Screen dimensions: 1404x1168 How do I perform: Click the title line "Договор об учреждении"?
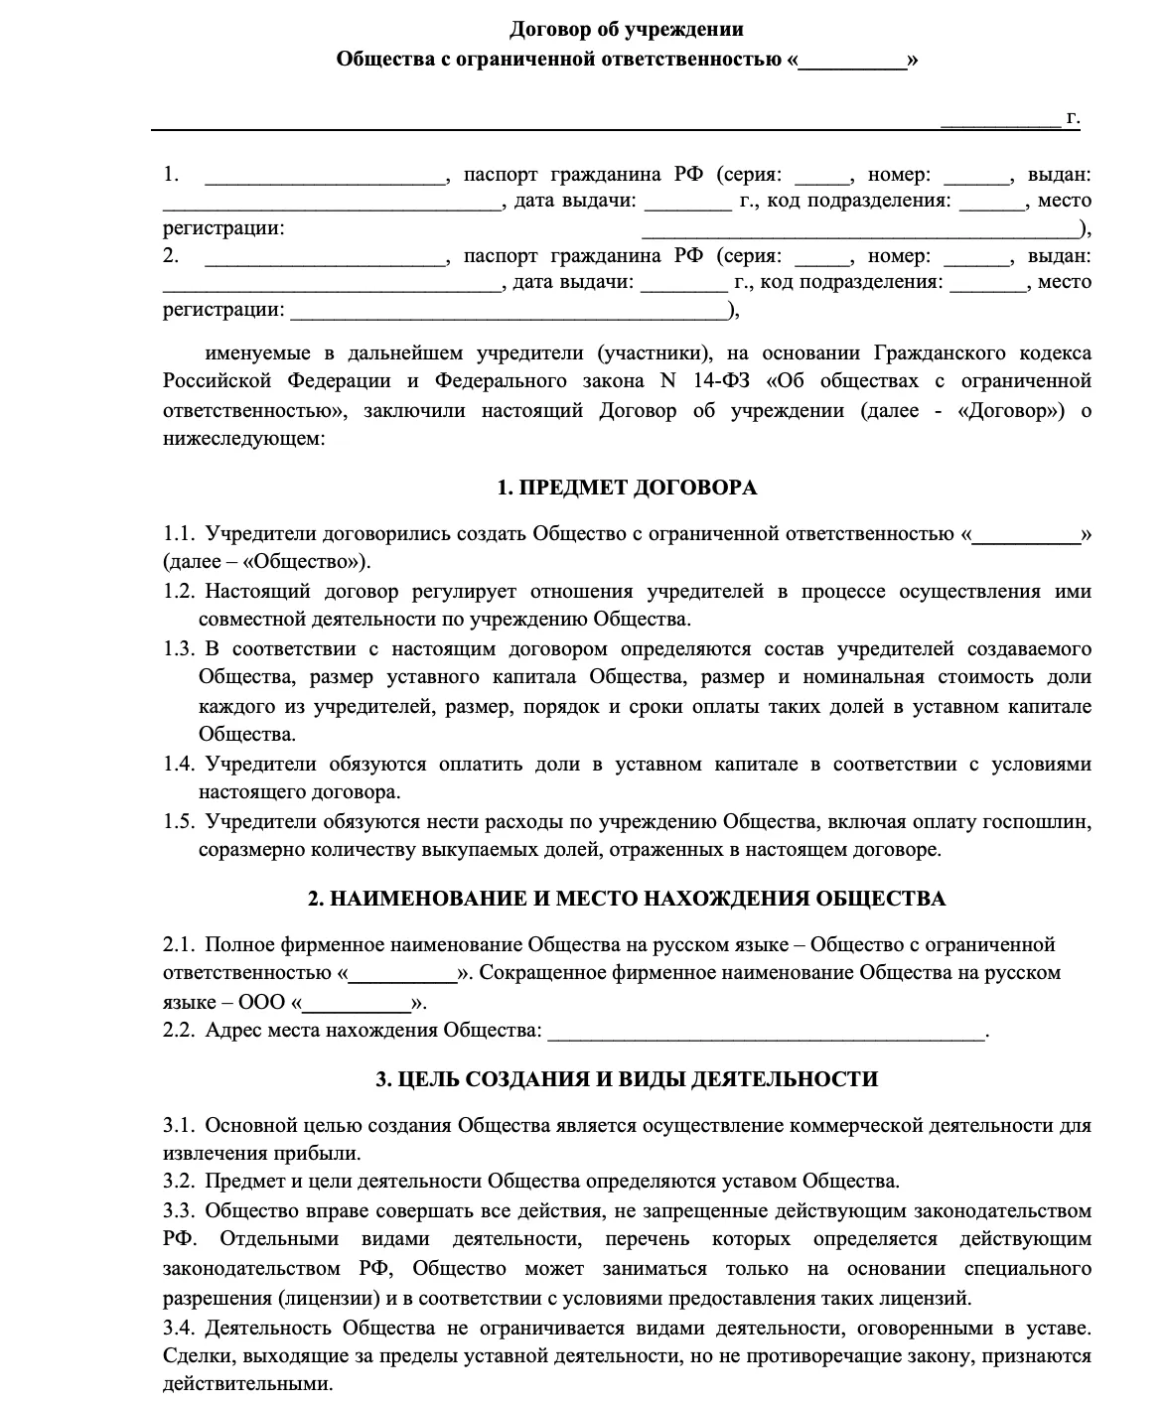627,30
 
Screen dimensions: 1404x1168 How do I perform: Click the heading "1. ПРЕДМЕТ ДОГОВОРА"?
627,488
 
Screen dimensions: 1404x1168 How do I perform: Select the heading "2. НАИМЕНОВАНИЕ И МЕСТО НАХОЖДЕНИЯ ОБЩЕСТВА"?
627,899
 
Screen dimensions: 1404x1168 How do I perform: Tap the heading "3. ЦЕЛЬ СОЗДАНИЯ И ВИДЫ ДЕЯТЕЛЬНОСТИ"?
627,1079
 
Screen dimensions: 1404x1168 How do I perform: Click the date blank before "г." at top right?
1000,119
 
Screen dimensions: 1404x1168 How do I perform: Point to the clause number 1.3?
178,649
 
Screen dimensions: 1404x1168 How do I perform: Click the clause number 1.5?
178,822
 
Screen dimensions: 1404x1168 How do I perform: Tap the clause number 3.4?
178,1328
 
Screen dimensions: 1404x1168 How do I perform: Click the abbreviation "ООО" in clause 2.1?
262,1002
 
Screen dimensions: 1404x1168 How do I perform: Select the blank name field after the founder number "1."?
325,177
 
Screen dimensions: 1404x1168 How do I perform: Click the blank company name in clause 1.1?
1027,535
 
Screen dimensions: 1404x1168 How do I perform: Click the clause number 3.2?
178,1182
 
